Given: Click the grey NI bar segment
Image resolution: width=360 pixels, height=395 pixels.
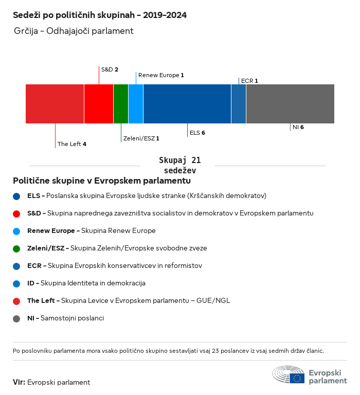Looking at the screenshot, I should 290,104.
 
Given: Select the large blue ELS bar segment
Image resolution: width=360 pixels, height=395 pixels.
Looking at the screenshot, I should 187,104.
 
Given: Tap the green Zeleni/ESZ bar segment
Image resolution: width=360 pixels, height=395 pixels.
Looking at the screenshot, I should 121,104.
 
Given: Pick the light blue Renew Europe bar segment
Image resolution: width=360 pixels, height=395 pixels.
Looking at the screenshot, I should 136,104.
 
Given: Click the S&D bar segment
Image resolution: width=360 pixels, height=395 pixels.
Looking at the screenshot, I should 99,104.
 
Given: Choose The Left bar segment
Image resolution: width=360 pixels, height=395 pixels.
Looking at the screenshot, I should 55,104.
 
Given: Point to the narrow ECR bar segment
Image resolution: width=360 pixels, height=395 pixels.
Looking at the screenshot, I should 239,104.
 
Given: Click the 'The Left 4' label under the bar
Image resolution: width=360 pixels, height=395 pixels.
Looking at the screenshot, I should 71,144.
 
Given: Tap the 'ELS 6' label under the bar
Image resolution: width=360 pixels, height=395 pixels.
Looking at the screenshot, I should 197,133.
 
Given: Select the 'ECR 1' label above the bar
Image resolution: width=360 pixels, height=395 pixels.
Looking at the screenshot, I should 249,81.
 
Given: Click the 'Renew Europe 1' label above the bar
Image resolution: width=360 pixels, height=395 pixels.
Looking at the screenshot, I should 161,75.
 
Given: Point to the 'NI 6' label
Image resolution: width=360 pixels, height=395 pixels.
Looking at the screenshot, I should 298,127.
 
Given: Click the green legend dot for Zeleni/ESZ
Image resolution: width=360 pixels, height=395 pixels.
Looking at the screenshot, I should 17,248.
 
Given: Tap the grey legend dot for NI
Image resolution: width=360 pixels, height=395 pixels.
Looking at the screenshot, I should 17,318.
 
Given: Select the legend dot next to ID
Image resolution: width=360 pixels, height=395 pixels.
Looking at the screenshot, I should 17,283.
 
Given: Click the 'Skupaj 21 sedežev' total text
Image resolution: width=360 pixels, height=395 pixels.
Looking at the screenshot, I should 180,166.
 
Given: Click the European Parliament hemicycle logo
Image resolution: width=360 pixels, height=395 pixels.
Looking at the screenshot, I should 289,375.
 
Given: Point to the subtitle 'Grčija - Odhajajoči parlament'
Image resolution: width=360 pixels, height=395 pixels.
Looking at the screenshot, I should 74,31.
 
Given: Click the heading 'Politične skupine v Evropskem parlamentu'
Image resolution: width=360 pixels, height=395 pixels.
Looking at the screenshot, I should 102,181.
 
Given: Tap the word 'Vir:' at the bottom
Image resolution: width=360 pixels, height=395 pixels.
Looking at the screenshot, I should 19,382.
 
